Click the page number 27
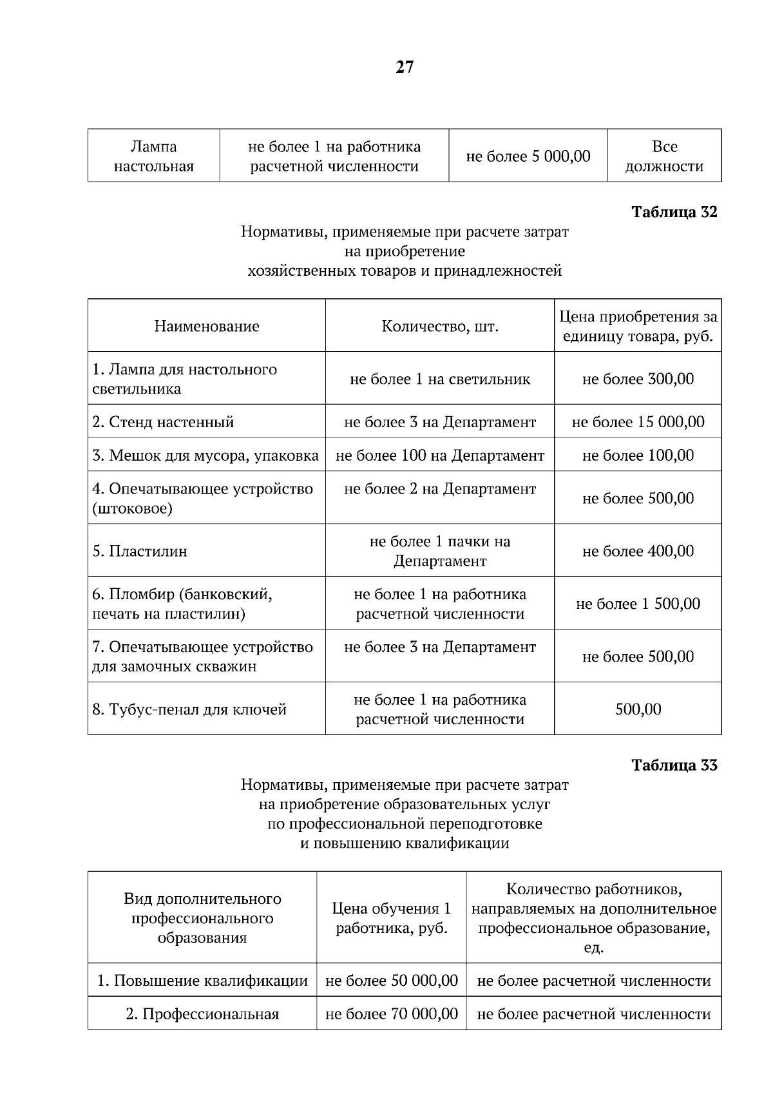pos(405,67)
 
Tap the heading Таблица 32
pos(674,212)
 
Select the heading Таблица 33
pos(674,765)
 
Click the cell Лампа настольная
pos(154,157)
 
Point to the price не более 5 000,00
pos(528,157)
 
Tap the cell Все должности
pos(664,157)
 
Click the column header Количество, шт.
pos(440,326)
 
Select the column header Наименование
pos(207,326)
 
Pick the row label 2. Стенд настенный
pos(164,422)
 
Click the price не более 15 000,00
pos(638,422)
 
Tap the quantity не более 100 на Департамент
pos(440,456)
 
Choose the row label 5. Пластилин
pos(140,551)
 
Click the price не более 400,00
pos(638,551)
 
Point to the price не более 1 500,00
pos(638,604)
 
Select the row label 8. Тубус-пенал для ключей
pos(189,709)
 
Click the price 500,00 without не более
pos(638,709)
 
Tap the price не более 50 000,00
pos(392,981)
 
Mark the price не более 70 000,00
pos(392,1014)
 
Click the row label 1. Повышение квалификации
pos(202,981)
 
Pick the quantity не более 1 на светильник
pos(440,379)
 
